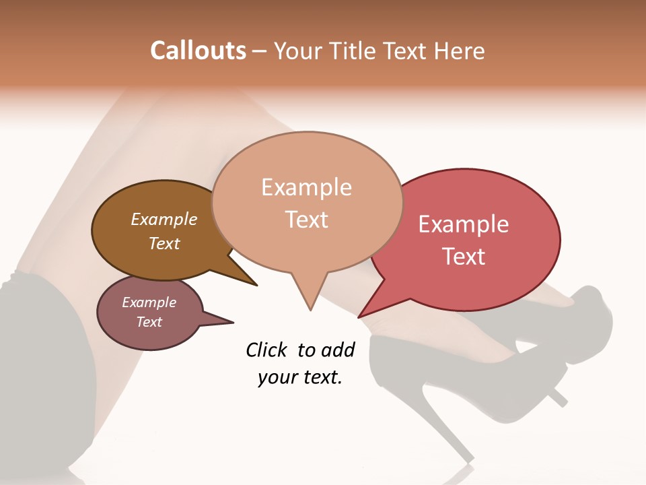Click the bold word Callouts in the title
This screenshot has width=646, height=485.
[198, 51]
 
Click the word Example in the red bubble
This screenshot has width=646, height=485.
[464, 224]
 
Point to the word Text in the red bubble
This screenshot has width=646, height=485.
[464, 257]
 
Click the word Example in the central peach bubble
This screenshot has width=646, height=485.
[306, 187]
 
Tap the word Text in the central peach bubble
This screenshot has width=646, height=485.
[306, 220]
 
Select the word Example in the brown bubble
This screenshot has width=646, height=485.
[164, 220]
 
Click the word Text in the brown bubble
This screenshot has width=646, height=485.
[164, 243]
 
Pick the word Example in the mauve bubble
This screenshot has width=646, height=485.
[149, 302]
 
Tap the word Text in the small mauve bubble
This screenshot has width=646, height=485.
[149, 322]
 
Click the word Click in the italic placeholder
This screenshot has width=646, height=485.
[267, 350]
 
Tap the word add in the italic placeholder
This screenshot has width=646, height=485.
[337, 350]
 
